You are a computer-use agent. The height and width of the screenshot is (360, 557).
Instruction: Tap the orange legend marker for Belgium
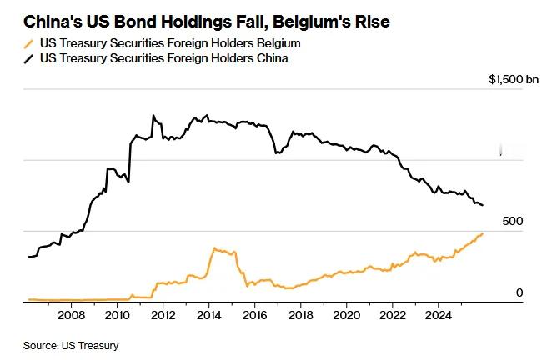[29, 43]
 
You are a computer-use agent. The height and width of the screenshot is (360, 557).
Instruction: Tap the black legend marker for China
[29, 58]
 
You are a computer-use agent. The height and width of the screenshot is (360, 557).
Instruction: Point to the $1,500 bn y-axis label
[514, 79]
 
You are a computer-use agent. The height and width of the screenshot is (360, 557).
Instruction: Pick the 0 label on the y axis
[519, 292]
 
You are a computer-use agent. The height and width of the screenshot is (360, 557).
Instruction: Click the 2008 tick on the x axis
[71, 316]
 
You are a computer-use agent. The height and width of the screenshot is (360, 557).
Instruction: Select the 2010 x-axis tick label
[117, 316]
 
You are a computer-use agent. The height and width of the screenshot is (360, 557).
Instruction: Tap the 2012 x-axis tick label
[163, 316]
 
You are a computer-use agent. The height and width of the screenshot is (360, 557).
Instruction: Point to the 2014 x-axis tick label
[208, 316]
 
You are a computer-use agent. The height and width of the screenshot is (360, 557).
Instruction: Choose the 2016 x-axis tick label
[254, 316]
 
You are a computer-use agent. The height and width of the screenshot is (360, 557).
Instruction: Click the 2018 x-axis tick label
[300, 316]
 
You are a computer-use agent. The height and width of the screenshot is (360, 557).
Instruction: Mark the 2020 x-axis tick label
[346, 316]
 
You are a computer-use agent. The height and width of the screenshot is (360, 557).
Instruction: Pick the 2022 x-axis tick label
[392, 316]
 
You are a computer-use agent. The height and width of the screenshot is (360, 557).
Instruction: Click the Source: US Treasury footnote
[71, 345]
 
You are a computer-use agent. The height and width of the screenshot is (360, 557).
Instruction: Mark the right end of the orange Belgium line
[483, 233]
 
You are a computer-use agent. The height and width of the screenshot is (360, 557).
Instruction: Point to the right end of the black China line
[483, 205]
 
